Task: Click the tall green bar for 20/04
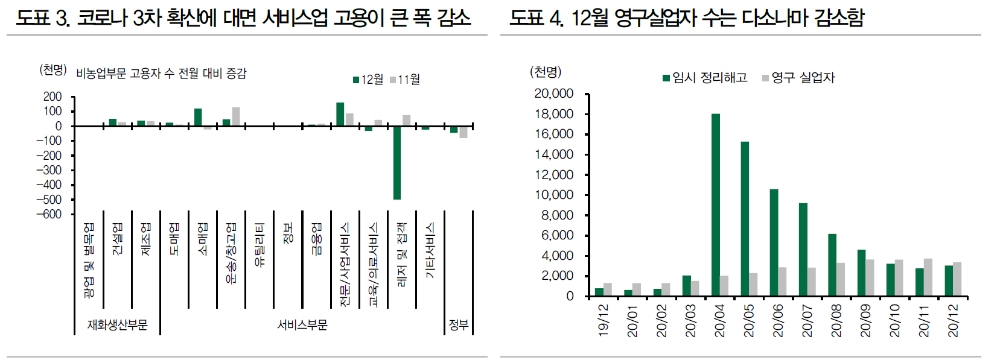tap(715, 205)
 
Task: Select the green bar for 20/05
tap(744, 219)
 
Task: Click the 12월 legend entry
tap(369, 78)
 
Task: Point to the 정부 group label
tap(457, 324)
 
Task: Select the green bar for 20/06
tap(773, 243)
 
